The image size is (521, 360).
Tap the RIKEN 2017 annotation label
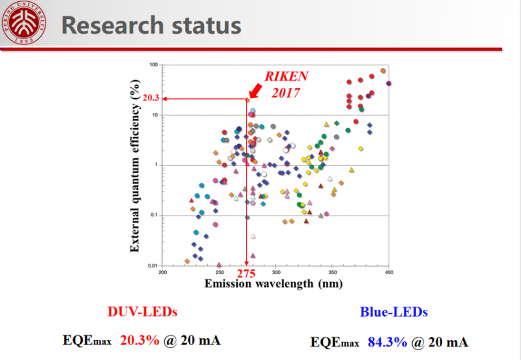tap(285, 84)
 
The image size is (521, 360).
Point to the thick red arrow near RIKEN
tap(257, 87)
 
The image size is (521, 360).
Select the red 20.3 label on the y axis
tap(150, 99)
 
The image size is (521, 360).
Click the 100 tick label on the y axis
tap(154, 65)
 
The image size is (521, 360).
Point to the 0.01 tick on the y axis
tap(153, 266)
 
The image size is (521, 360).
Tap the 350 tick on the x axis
tap(333, 271)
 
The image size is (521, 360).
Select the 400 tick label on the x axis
tap(389, 271)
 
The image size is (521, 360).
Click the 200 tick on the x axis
tap(163, 271)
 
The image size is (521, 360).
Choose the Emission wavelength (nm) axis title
tap(268, 283)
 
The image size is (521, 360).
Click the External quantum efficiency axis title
tap(135, 165)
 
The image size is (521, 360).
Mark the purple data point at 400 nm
tap(389, 83)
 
